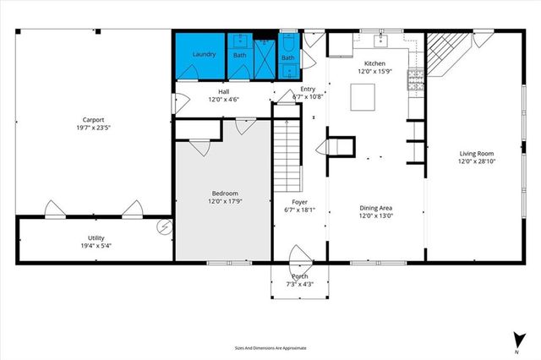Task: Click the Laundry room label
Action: [x=204, y=54]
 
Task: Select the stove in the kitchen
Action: [x=416, y=80]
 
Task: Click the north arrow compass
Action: [x=516, y=339]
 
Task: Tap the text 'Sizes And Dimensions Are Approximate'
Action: [x=270, y=347]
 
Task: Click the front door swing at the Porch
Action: [x=299, y=255]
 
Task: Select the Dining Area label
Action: [x=375, y=207]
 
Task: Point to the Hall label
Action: [x=224, y=91]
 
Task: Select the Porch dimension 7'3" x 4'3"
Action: [x=300, y=285]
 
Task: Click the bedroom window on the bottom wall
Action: [x=221, y=263]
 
